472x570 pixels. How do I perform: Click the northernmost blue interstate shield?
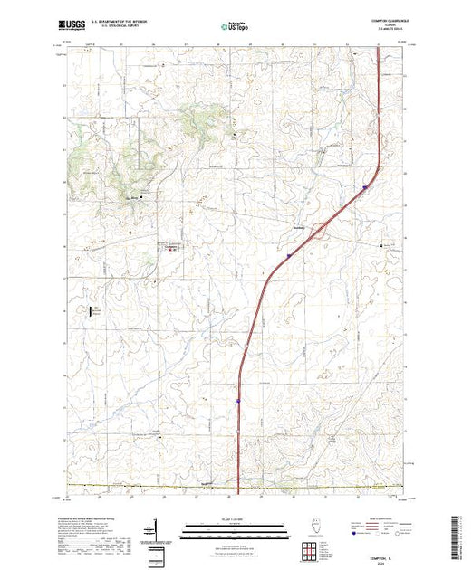[x=364, y=187]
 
